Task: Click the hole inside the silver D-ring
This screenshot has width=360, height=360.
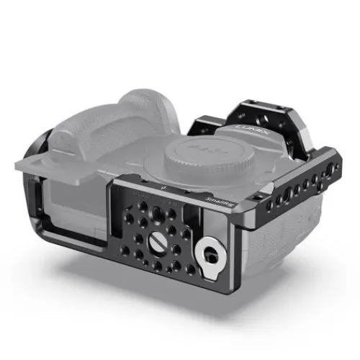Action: click(210, 253)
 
